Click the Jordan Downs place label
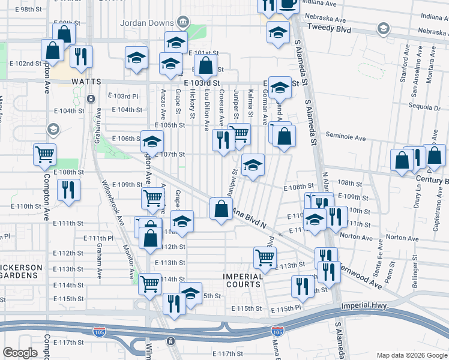point(146,23)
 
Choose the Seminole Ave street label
point(345,137)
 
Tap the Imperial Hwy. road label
point(365,306)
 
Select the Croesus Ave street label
point(221,104)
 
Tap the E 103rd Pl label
point(122,96)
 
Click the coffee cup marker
point(287,4)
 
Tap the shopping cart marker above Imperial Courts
point(265,257)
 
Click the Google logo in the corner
point(20,353)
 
